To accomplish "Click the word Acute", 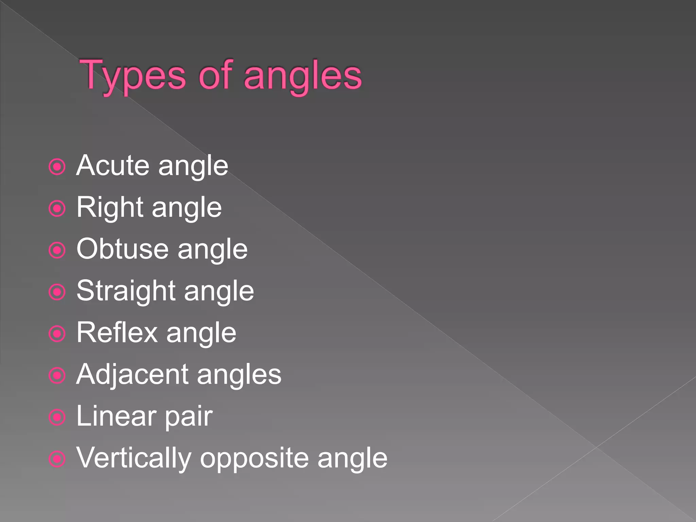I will point(114,166).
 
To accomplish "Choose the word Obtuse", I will point(123,249).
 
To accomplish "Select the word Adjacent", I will point(132,375).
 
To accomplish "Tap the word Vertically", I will point(134,458).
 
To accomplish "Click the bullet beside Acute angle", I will point(57,167).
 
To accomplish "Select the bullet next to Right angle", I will point(57,209).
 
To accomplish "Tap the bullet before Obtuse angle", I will point(57,250).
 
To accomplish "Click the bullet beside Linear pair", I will point(57,417).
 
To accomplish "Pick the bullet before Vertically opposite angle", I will point(57,459).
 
